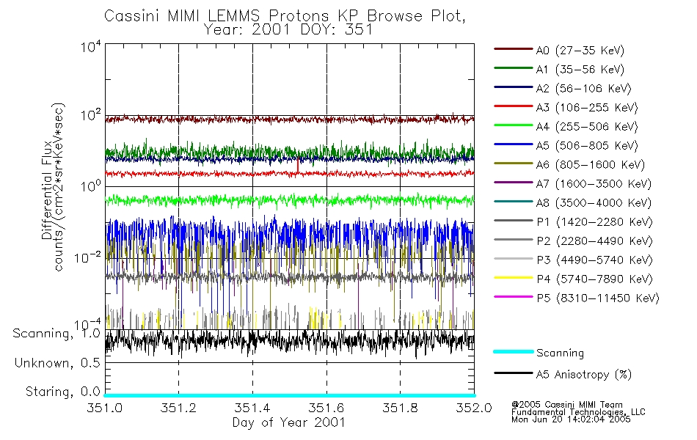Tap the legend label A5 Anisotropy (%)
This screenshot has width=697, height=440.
583,375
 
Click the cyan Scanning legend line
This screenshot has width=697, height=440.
512,352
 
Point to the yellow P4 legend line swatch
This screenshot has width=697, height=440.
512,279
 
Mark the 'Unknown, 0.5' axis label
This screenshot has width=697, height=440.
58,362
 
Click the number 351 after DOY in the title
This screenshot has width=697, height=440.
360,31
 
